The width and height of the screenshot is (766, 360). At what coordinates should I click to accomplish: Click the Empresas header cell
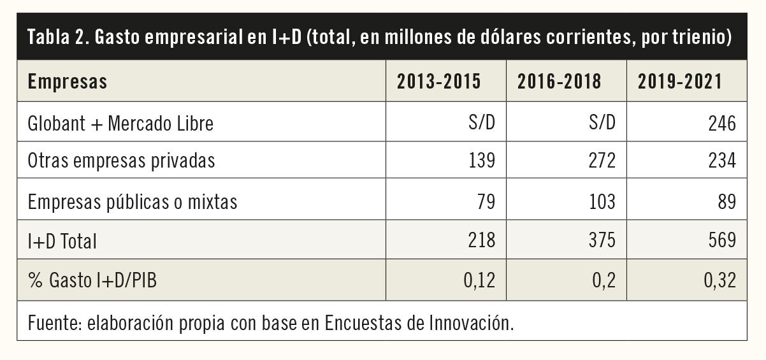click(x=68, y=82)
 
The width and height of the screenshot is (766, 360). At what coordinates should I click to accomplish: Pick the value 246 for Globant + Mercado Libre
click(x=723, y=123)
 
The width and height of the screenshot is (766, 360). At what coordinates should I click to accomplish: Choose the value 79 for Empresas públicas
click(x=486, y=202)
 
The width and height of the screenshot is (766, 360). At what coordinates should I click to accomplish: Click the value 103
click(x=602, y=202)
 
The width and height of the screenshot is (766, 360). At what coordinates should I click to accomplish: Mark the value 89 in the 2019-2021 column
click(x=726, y=202)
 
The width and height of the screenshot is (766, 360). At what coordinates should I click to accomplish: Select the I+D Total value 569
click(x=723, y=241)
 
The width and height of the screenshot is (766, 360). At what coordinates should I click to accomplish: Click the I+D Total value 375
click(x=602, y=241)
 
